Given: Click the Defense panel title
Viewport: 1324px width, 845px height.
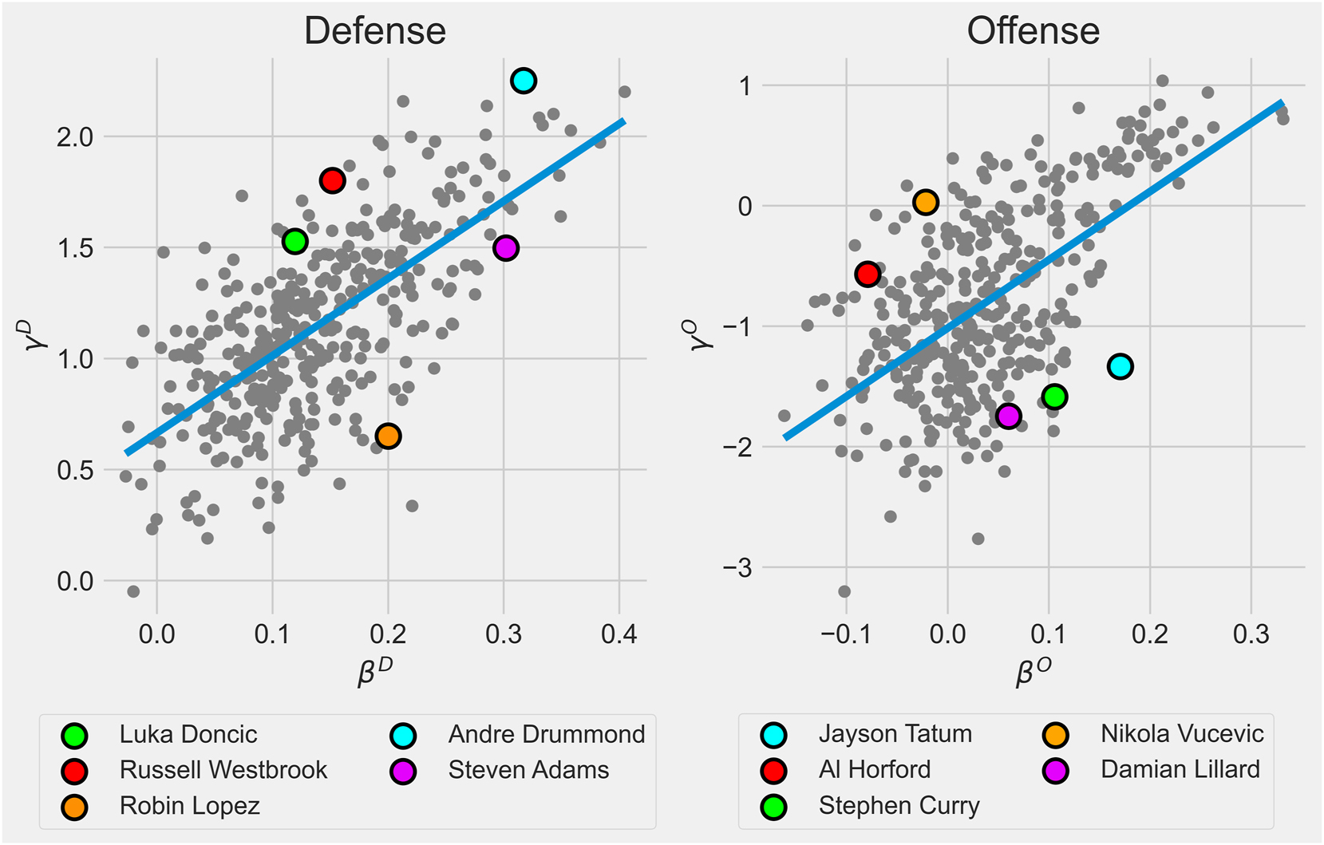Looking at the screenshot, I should pos(374,32).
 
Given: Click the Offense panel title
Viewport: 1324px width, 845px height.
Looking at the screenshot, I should pos(1033,32).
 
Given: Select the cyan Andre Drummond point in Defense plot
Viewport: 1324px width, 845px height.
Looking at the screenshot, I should pos(523,81).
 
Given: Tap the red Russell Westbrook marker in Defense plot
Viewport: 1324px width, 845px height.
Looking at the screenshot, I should pos(332,180).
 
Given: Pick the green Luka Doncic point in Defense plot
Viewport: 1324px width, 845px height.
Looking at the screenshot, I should pos(294,241).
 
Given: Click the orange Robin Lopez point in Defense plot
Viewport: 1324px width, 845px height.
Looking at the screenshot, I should pos(388,436).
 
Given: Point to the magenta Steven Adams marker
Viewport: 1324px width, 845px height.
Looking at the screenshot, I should pos(506,248).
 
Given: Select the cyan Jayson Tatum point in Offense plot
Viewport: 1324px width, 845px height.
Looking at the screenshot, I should pos(1120,366).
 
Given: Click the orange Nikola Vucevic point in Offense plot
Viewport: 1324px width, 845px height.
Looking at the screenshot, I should pos(925,203).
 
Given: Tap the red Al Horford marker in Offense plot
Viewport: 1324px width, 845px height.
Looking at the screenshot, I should pos(868,274).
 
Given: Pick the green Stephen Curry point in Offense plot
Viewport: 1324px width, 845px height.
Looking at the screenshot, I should pos(1054,397).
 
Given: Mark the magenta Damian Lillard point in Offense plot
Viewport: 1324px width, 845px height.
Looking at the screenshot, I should pos(1009,416).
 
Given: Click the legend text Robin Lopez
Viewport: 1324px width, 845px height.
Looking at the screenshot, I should pos(189,806).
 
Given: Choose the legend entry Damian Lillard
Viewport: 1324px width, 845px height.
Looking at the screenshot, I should pos(1180,770).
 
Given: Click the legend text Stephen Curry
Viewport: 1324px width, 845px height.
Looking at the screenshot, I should pos(899,806).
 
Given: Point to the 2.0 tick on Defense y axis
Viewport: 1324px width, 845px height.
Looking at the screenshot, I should pos(75,137).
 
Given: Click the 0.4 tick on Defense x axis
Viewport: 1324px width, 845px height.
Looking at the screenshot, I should pos(619,634).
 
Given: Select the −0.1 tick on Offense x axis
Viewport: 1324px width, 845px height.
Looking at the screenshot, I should pos(846,634).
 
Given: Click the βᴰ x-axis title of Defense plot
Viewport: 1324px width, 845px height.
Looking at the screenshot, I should pos(375,672).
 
